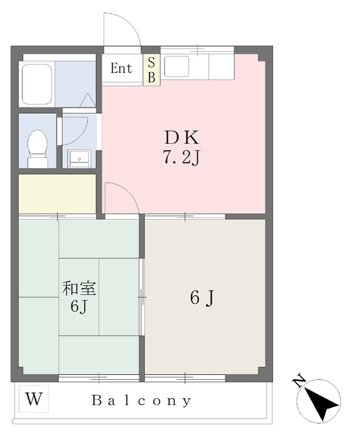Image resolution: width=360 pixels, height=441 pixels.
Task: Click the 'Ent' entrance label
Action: coord(121,69)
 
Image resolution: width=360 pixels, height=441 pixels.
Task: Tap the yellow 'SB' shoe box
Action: coord(150,70)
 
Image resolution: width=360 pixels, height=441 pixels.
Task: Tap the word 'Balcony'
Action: coord(142,400)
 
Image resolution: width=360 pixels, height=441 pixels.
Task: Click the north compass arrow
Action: coord(321,402)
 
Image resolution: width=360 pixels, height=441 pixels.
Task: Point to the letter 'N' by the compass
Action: coord(299,380)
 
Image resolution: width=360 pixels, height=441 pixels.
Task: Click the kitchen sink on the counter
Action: coord(176,67)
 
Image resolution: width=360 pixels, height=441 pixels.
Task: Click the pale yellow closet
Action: coord(57,194)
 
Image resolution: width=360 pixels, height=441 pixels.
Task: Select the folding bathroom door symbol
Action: coord(87,100)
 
